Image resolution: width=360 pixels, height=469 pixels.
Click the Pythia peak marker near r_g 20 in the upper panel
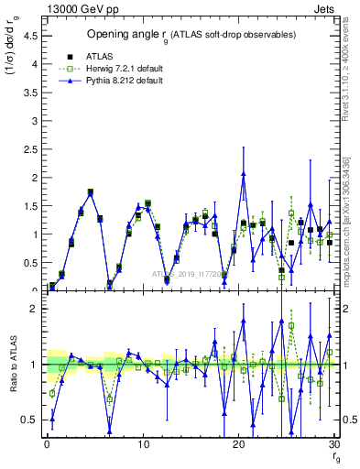[244, 174]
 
